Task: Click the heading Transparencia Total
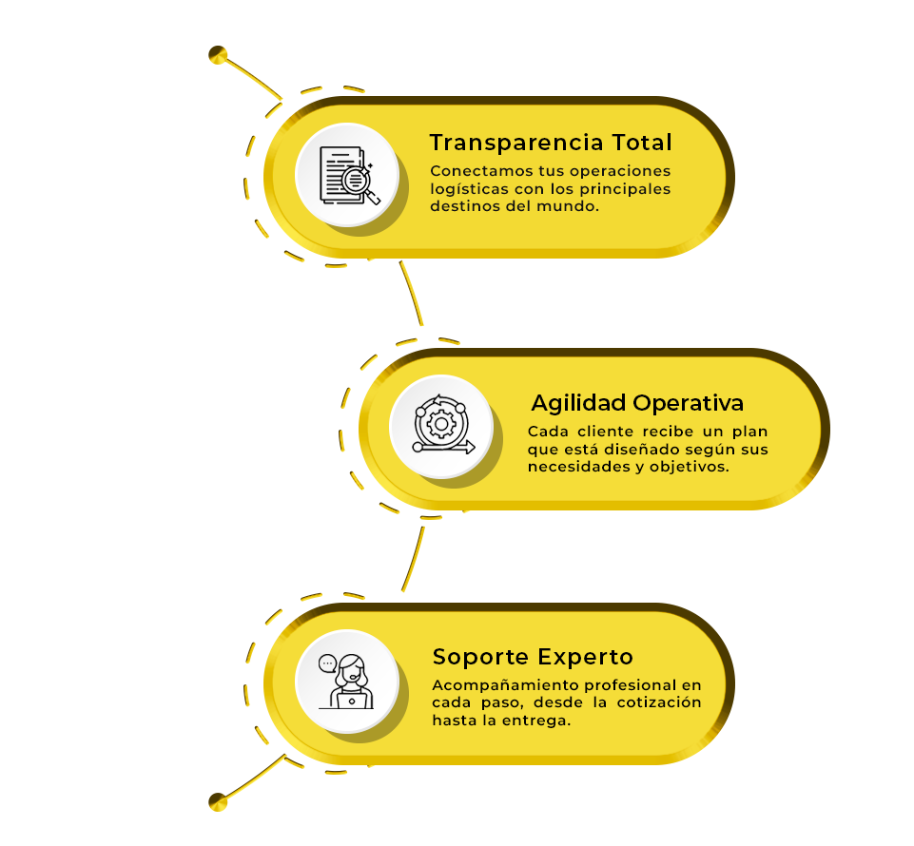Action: [551, 143]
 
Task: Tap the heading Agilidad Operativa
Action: [637, 403]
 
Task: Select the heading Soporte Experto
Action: [533, 657]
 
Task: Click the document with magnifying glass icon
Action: [350, 175]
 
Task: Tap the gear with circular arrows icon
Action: [443, 424]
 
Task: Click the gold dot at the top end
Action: [218, 55]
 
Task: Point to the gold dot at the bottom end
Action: [218, 801]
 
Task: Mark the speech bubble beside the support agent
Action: [327, 663]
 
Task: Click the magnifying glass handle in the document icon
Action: [373, 197]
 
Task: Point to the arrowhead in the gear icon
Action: [470, 448]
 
